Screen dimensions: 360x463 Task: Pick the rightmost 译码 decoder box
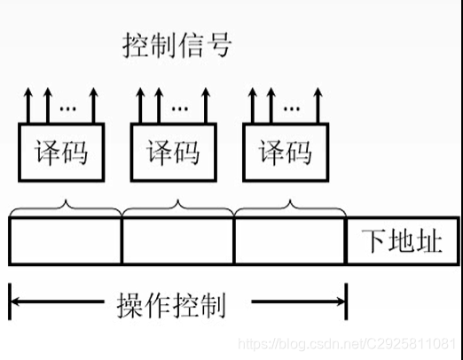286,151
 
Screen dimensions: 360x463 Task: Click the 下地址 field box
403,240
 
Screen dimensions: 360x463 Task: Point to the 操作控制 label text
172,306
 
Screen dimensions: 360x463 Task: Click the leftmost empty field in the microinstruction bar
65,240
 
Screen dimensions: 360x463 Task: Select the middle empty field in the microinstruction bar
177,240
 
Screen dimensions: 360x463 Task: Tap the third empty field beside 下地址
290,240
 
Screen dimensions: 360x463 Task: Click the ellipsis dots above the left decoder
67,107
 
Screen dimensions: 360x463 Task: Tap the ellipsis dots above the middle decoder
179,107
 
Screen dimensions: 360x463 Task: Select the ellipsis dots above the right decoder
291,107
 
